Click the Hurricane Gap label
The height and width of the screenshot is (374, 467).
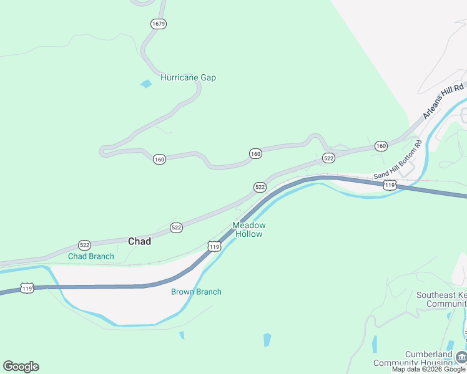pyautogui.click(x=188, y=78)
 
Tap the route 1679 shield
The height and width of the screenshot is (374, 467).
pyautogui.click(x=158, y=24)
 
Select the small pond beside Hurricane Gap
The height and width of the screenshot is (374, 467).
pyautogui.click(x=146, y=84)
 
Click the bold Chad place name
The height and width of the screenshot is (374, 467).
pyautogui.click(x=139, y=241)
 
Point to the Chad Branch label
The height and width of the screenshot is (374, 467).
pyautogui.click(x=91, y=256)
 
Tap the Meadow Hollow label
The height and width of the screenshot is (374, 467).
pyautogui.click(x=249, y=229)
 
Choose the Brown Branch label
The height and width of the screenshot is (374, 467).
pyautogui.click(x=196, y=292)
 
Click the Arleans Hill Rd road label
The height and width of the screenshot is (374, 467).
pyautogui.click(x=444, y=101)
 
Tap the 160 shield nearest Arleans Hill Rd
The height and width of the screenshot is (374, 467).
pyautogui.click(x=381, y=146)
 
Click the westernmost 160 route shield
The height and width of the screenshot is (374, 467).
pyautogui.click(x=159, y=160)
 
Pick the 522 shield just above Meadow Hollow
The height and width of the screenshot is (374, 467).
pyautogui.click(x=260, y=187)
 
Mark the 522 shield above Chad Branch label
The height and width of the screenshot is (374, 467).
pyautogui.click(x=84, y=245)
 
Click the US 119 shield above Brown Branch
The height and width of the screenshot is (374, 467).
pyautogui.click(x=214, y=247)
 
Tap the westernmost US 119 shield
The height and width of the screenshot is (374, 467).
pyautogui.click(x=26, y=288)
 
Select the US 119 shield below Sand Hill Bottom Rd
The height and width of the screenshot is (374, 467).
pyautogui.click(x=390, y=185)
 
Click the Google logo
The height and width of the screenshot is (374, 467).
pyautogui.click(x=21, y=367)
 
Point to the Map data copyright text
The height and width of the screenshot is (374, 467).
pyautogui.click(x=428, y=369)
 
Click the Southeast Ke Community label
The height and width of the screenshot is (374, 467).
pyautogui.click(x=441, y=299)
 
